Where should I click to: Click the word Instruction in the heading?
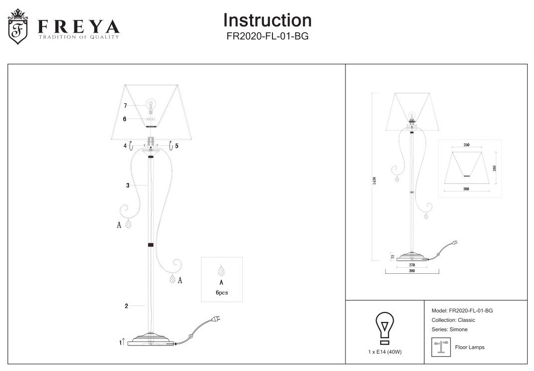tap(267, 20)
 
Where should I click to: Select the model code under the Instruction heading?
tap(267, 36)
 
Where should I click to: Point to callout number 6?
tap(125, 119)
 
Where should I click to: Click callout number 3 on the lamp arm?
tap(128, 185)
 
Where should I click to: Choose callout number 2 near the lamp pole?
tap(127, 306)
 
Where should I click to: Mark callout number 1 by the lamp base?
tap(121, 343)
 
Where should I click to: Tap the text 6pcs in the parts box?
tap(221, 293)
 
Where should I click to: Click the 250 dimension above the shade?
tap(467, 145)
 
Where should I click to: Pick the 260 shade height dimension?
tap(494, 168)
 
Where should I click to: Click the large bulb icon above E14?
tap(385, 328)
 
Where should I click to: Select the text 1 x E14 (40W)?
tap(385, 352)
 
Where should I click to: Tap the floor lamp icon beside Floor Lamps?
tap(440, 347)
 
